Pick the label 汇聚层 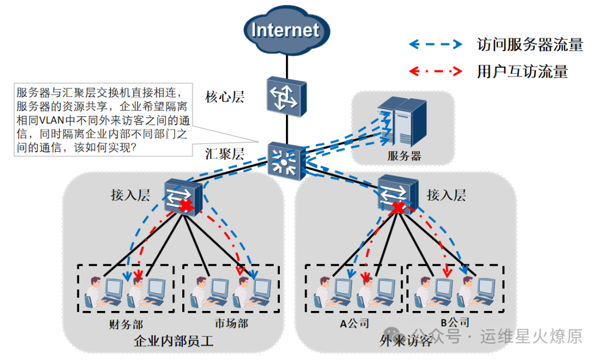click(225, 154)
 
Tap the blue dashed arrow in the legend click(435, 44)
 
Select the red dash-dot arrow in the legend click(435, 71)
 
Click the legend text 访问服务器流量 click(530, 45)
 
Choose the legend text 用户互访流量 click(522, 71)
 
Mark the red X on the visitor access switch click(398, 208)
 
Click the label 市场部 click(231, 324)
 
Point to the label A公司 click(355, 323)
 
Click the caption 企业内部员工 click(174, 341)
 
